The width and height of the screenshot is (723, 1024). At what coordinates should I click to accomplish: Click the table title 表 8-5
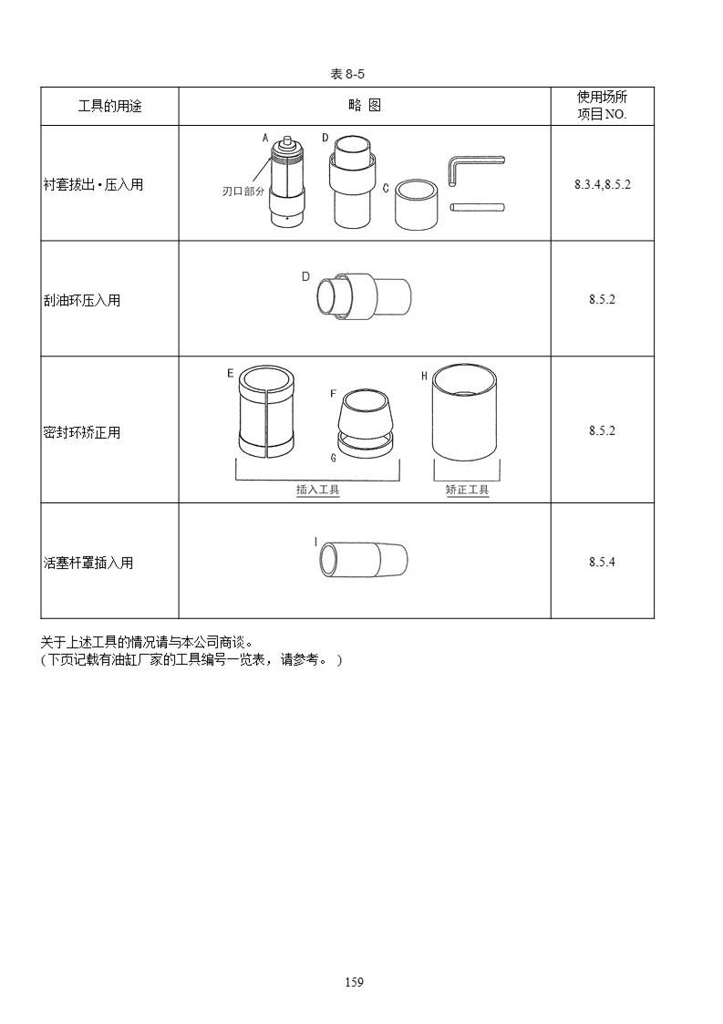coord(346,74)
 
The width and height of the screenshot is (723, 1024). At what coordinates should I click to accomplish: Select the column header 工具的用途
coord(109,106)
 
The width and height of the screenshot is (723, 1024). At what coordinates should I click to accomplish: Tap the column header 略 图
coord(365,105)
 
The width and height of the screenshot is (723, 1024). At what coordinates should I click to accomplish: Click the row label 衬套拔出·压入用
coord(93,184)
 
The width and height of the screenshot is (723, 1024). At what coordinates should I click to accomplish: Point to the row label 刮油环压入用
coord(82,300)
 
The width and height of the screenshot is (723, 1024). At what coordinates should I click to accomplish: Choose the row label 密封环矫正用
coord(82,432)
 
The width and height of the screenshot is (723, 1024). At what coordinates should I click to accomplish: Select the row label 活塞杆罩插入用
coord(88,563)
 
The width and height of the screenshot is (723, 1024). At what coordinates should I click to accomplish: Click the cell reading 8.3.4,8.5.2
coord(602,184)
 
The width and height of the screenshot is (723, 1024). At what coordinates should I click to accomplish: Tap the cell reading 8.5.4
coord(602,562)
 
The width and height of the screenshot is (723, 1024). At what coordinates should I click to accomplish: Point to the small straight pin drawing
coord(478,208)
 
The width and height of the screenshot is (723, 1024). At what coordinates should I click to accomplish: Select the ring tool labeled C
coord(416,205)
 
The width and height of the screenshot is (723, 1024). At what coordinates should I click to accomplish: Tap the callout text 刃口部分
coord(243,191)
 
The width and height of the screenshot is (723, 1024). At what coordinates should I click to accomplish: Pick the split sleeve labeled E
coord(265,411)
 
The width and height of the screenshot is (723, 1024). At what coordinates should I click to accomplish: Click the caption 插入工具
coord(317,490)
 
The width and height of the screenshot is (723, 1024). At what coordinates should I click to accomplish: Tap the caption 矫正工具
coord(467,490)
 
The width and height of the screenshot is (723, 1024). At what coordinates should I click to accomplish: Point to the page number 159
coord(354,981)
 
